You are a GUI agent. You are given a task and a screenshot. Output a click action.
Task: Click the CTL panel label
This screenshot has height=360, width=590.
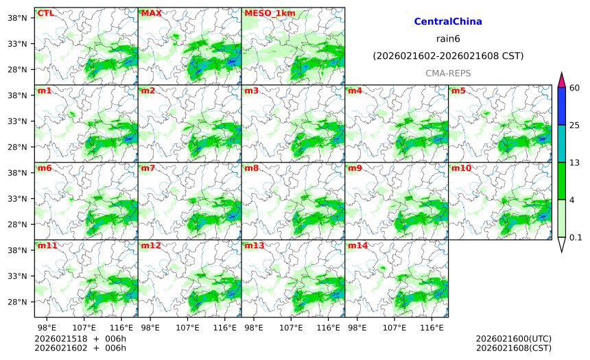pos(45,13)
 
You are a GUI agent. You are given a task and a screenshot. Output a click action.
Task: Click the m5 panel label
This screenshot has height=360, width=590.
pos(458,91)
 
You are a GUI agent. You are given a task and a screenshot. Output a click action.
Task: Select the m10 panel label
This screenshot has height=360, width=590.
pos(460,168)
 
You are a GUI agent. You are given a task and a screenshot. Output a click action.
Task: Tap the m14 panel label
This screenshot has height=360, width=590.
pos(357,245)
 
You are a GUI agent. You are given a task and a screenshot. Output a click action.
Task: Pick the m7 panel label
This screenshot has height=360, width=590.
pos(148,168)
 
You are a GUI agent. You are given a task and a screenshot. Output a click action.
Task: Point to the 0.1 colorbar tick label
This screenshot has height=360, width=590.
pos(576,238)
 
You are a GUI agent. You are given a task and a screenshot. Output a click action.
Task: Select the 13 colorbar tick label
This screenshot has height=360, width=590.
pos(575,162)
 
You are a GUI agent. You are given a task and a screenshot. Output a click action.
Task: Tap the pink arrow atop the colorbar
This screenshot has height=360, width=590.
pos(561,80)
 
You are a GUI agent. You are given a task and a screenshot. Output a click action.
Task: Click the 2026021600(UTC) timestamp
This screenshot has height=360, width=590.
pos(513,339)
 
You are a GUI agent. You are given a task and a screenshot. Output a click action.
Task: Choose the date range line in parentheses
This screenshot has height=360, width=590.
pos(448,56)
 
